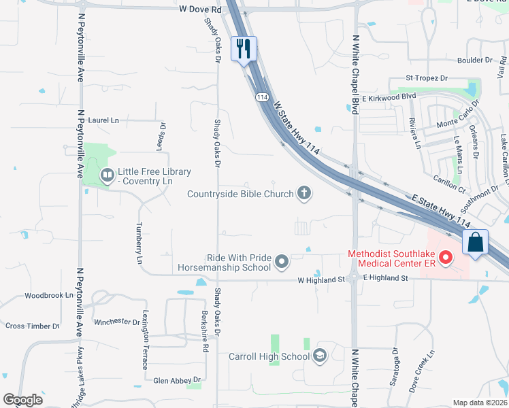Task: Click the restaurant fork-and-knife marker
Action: [244, 49]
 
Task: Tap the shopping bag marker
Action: [476, 242]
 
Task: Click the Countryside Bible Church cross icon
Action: [304, 194]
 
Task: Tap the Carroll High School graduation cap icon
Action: [320, 356]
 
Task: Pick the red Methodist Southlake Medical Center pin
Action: [446, 258]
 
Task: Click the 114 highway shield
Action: [262, 98]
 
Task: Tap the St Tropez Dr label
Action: [427, 78]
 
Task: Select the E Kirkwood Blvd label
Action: [389, 97]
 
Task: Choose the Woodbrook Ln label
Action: [48, 296]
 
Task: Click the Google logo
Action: [22, 400]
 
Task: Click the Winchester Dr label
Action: [117, 321]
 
